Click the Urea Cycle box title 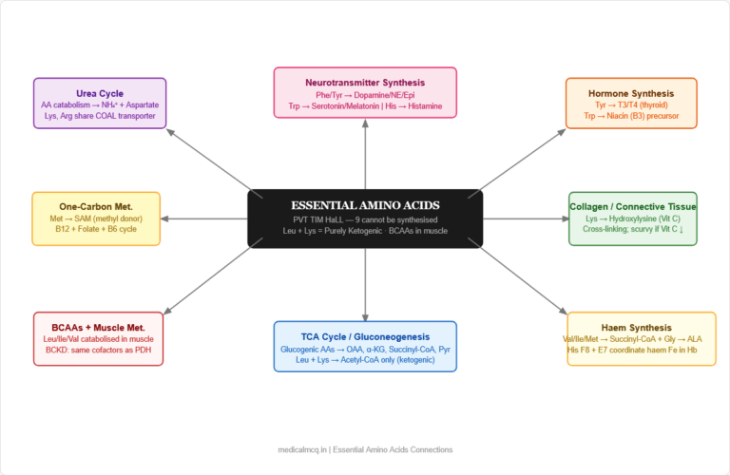coord(100,93)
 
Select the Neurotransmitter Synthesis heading coord(365,83)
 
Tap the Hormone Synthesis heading coord(631,93)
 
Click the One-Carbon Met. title coord(96,206)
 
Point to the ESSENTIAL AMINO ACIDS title coord(365,205)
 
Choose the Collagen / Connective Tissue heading coord(632,206)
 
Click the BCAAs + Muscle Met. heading coord(99,327)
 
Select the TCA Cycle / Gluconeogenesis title coord(365,336)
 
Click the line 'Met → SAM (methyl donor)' coord(96,218)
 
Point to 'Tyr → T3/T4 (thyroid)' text coord(631,105)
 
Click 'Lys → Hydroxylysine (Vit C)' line coord(632,218)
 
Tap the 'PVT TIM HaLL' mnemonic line coord(365,219)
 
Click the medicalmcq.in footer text coord(365,449)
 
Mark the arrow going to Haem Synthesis coord(518,280)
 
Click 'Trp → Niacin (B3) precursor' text coord(631,117)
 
